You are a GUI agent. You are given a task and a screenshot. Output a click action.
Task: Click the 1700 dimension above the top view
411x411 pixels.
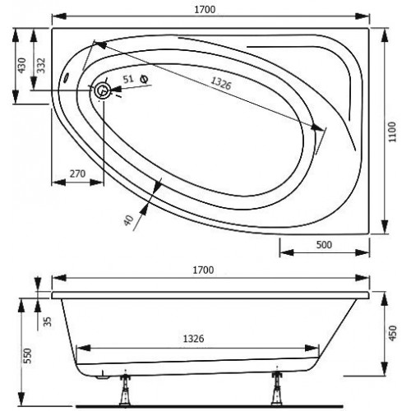pos(205,10)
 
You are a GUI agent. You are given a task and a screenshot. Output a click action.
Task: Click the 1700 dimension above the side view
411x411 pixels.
pos(203,270)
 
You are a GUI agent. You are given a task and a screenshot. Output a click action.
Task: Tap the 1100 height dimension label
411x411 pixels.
pos(392,132)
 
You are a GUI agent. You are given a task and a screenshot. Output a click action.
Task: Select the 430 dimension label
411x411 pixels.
pos(22,65)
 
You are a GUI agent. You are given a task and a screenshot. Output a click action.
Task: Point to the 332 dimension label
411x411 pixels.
pos(41,65)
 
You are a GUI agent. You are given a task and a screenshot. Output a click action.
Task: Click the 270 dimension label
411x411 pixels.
pos(77,173)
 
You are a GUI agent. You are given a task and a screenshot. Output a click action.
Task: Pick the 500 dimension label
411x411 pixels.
pos(324,245)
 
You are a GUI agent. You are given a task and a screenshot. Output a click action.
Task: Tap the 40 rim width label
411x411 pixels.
pos(128,220)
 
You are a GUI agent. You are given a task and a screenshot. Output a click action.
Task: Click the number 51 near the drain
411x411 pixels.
pos(128,79)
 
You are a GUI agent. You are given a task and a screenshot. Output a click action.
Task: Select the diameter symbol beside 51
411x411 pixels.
pos(144,79)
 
